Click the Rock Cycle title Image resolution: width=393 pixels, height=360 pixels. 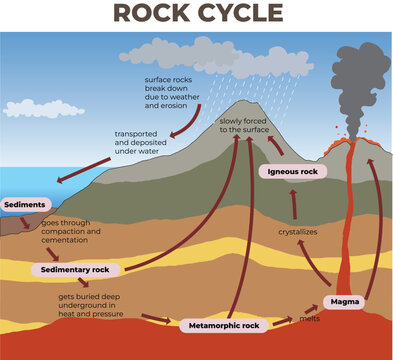(x=197, y=13)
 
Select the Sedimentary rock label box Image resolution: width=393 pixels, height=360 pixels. (x=77, y=270)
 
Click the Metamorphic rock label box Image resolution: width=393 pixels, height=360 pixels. (x=225, y=325)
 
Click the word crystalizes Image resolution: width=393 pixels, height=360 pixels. (x=297, y=231)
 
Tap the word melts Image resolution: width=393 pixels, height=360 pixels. (x=310, y=320)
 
